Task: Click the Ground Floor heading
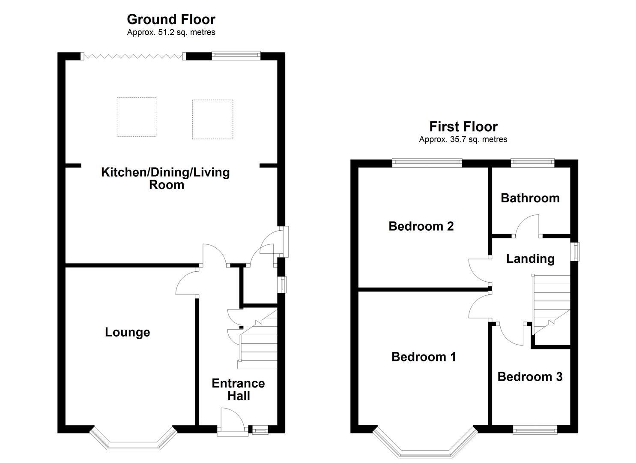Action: pyautogui.click(x=171, y=19)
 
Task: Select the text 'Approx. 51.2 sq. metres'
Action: pyautogui.click(x=171, y=33)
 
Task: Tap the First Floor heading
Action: pyautogui.click(x=463, y=126)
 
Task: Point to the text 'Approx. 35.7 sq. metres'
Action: pyautogui.click(x=463, y=139)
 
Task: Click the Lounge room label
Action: pyautogui.click(x=127, y=332)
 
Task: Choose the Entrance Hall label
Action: pyautogui.click(x=238, y=389)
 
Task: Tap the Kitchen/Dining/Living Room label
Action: pyautogui.click(x=165, y=178)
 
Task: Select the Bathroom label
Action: pyautogui.click(x=530, y=198)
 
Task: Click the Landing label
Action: pyautogui.click(x=530, y=259)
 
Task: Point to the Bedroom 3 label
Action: pyautogui.click(x=530, y=377)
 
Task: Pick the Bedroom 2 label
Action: pyautogui.click(x=421, y=226)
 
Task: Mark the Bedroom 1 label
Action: pyautogui.click(x=424, y=357)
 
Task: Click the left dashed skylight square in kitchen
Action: pyautogui.click(x=136, y=117)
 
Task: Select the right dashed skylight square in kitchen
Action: pyautogui.click(x=212, y=120)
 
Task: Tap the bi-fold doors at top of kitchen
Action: pyautogui.click(x=133, y=56)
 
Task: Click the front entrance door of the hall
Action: pyautogui.click(x=233, y=422)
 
